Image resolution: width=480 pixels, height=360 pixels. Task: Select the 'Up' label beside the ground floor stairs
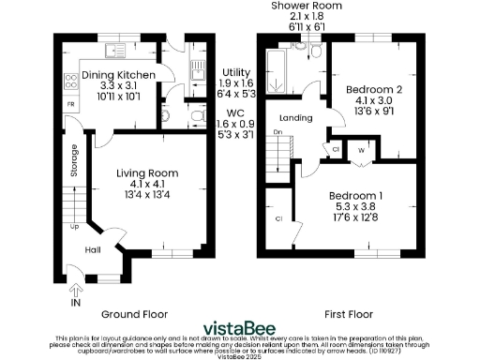coord(74,226)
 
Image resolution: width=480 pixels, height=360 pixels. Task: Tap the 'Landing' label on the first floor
coord(294,117)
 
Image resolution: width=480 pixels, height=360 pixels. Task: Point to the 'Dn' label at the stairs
coord(277,133)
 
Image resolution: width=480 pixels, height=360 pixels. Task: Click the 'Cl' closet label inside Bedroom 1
coord(278,218)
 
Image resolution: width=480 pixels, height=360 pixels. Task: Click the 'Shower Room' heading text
coord(307,6)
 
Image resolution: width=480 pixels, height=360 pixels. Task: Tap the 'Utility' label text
coord(235,71)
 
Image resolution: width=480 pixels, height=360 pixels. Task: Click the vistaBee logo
coord(240,327)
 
